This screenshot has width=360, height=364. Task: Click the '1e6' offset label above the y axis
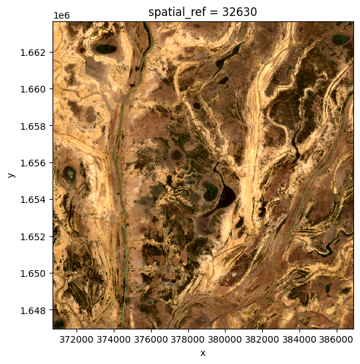61,15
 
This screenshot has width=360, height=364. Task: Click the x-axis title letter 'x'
202,353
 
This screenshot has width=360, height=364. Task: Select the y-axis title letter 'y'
11,175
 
